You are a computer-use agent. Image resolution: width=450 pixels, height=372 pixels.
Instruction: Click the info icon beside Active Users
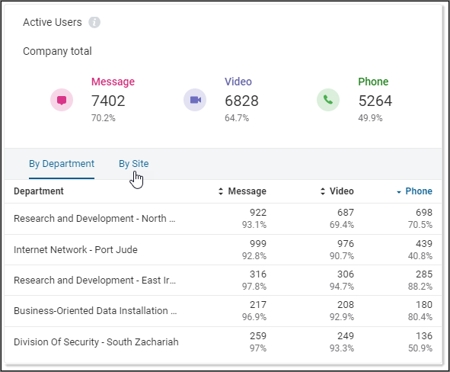click(94, 22)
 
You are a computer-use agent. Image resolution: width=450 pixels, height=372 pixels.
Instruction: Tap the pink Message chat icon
click(62, 100)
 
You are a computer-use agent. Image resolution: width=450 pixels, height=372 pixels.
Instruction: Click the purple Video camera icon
click(195, 100)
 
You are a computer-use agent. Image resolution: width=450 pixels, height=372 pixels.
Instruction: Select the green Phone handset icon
click(328, 100)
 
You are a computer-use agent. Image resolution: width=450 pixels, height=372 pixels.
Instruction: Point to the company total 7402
click(108, 101)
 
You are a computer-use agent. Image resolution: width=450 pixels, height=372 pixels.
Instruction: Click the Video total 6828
click(241, 101)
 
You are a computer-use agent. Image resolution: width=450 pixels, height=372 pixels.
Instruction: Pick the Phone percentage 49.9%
click(370, 118)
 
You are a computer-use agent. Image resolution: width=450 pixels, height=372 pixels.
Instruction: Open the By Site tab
click(133, 163)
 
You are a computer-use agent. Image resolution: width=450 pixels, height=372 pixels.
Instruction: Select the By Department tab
click(62, 163)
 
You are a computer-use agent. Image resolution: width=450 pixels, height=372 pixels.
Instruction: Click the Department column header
click(39, 191)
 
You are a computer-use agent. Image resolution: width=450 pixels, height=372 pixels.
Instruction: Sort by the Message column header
click(247, 191)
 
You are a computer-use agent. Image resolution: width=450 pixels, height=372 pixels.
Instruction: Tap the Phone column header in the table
click(418, 191)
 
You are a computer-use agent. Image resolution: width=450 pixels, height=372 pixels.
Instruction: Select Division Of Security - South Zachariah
click(96, 342)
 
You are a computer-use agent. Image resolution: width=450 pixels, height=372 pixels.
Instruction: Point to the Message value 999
click(257, 243)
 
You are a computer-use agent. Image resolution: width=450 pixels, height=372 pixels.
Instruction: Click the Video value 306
click(345, 274)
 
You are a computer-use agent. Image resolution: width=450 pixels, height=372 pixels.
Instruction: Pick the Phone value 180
click(423, 306)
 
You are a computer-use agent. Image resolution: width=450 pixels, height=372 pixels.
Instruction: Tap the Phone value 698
click(423, 213)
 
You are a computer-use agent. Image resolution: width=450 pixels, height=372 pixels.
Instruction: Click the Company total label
click(57, 51)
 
